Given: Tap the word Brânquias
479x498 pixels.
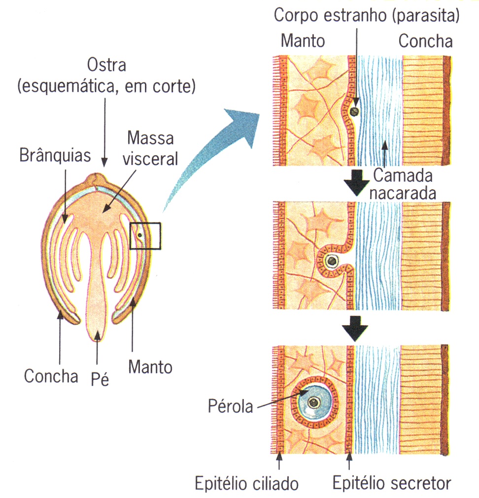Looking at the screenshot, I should pyautogui.click(x=55, y=156).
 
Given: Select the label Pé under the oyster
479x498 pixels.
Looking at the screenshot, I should pyautogui.click(x=100, y=379).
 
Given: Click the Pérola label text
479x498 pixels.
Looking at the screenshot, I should pyautogui.click(x=229, y=407).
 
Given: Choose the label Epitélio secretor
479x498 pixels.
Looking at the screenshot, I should pyautogui.click(x=391, y=483).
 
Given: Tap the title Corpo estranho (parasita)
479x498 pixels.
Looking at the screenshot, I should pyautogui.click(x=367, y=16).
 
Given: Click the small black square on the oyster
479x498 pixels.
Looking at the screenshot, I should pyautogui.click(x=145, y=236).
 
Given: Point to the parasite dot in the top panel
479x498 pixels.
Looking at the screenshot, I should pyautogui.click(x=353, y=112).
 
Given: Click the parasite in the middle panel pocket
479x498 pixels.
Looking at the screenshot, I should pyautogui.click(x=333, y=260).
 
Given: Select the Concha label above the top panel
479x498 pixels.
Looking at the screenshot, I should pyautogui.click(x=425, y=41).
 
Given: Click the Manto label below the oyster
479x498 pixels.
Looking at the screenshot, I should pyautogui.click(x=150, y=367).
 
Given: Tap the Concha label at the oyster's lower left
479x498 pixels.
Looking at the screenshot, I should pyautogui.click(x=51, y=377).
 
